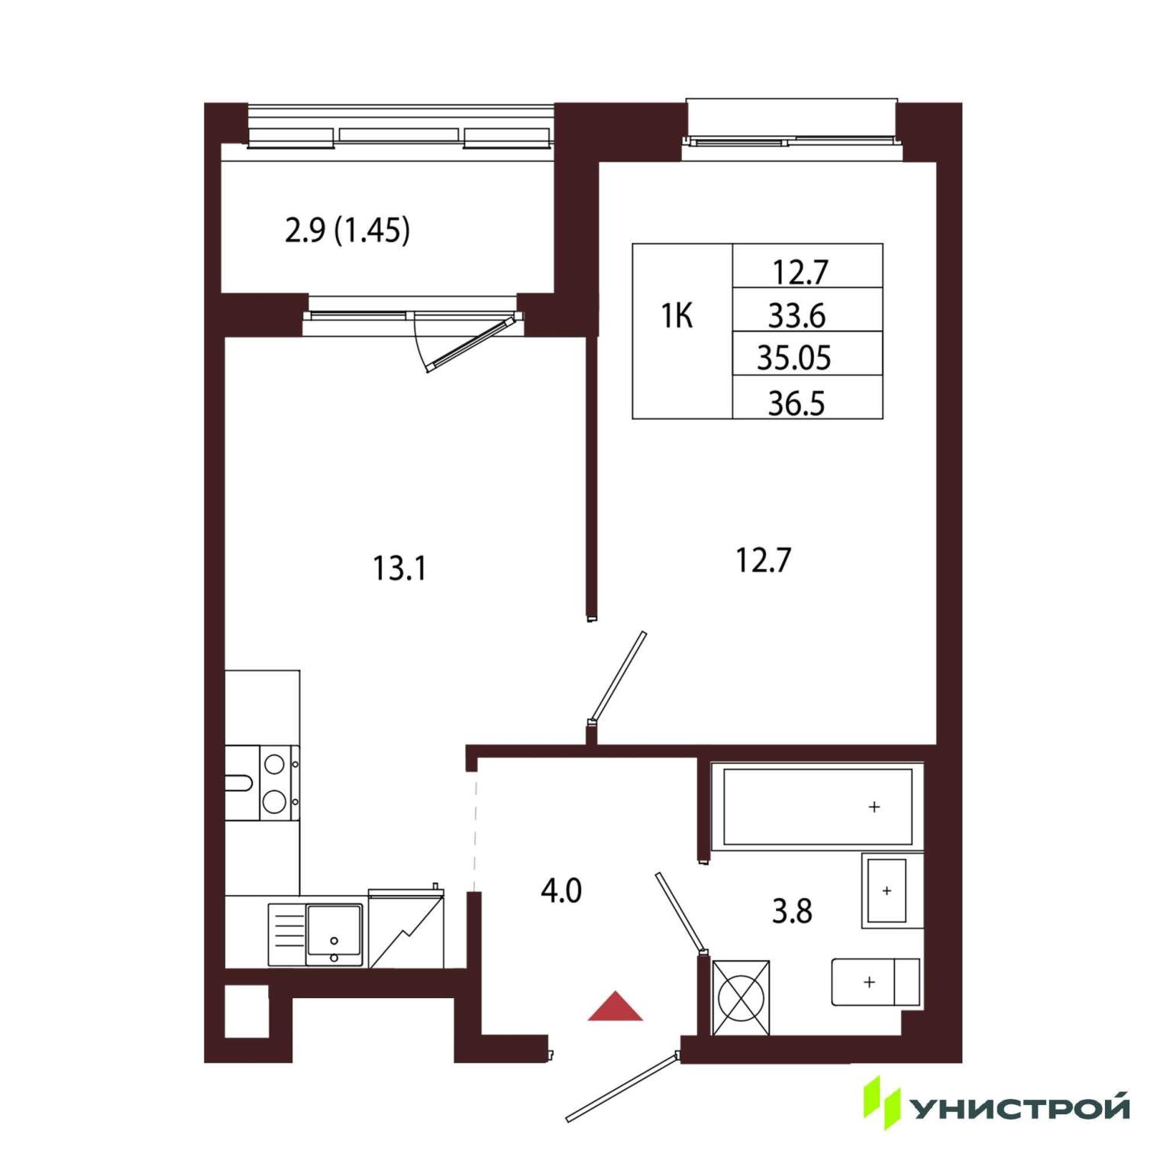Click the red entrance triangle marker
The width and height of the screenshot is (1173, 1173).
pos(615,1007)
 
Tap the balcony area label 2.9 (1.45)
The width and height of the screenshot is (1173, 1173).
pos(347,230)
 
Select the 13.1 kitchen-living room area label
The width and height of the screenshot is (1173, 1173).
pos(399,568)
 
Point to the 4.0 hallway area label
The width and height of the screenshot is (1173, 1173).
pos(561,890)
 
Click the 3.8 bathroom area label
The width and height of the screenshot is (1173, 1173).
pos(792,911)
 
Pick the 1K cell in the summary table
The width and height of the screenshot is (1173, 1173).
pos(677,315)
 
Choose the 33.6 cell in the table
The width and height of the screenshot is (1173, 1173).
pos(797,315)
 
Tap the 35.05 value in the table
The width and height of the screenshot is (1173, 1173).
pos(794,358)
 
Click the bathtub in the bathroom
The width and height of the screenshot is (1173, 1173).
pos(817,806)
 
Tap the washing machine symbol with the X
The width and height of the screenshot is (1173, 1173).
pos(741,998)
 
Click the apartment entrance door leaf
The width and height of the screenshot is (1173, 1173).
pos(622,1087)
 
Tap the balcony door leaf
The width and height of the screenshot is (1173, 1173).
pos(469,344)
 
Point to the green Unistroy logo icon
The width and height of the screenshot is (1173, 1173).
pos(882,1102)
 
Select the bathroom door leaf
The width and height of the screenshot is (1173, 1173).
pos(680,913)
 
